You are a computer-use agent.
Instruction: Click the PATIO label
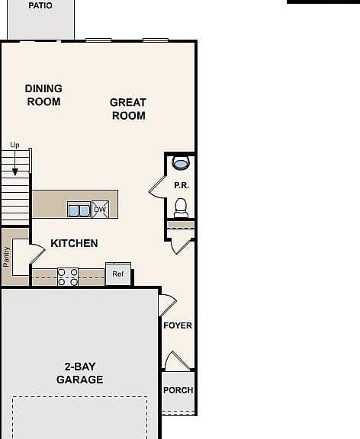[x=40, y=5]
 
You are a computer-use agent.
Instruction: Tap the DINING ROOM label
[x=43, y=95]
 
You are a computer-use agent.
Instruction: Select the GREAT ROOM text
[x=128, y=109]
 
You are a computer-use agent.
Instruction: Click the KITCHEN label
[x=74, y=243]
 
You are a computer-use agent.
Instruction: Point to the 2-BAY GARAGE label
[x=80, y=373]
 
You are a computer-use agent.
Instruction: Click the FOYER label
[x=178, y=325]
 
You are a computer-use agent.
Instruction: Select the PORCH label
[x=178, y=390]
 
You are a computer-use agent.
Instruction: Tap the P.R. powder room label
[x=182, y=185]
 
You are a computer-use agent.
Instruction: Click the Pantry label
[x=6, y=257]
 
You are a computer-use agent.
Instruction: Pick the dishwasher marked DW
[x=100, y=209]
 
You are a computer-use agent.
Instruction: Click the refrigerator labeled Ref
[x=118, y=274]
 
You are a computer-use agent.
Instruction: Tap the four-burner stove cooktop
[x=68, y=277]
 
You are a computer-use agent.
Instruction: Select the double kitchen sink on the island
[x=79, y=210]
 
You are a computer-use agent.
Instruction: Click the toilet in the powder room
[x=182, y=208]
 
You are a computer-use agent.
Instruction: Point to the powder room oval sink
[x=180, y=163]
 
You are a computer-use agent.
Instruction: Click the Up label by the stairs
[x=14, y=145]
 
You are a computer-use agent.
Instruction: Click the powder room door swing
[x=157, y=187]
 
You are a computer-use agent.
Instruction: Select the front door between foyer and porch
[x=178, y=360]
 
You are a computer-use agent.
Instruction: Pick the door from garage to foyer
[x=168, y=305]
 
